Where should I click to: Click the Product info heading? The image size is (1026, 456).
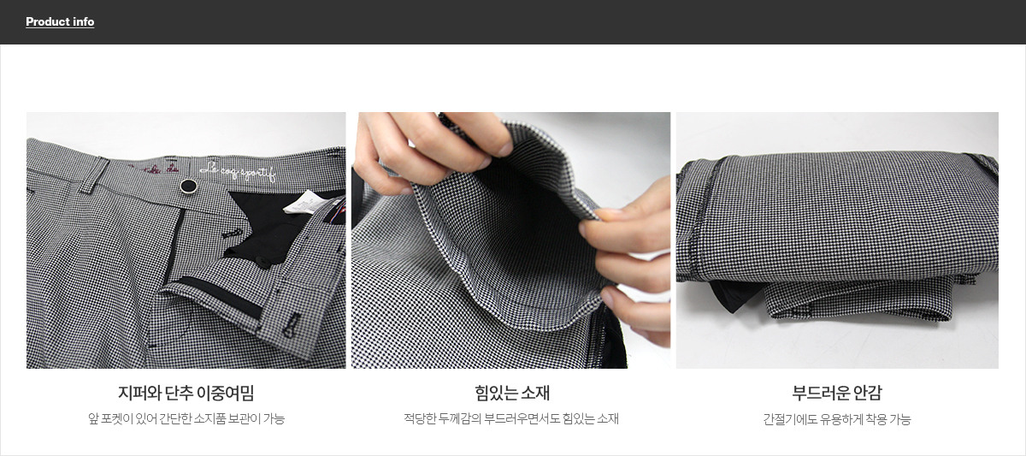tap(60, 21)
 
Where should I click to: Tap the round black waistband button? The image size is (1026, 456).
tap(188, 186)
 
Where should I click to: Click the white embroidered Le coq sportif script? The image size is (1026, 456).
tap(238, 171)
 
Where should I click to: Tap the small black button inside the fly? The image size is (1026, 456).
tap(265, 262)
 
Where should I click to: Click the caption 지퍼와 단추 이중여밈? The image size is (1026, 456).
tap(186, 393)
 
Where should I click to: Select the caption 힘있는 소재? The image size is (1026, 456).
tap(512, 393)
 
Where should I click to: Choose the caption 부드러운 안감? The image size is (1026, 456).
tap(837, 393)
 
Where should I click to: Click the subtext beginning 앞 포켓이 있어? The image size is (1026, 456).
tap(186, 418)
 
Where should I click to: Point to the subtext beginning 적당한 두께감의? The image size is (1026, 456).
tap(511, 418)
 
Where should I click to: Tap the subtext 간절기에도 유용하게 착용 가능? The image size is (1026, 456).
tap(837, 419)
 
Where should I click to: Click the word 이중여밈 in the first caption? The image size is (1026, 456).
tap(225, 393)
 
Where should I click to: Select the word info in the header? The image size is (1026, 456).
tap(84, 21)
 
